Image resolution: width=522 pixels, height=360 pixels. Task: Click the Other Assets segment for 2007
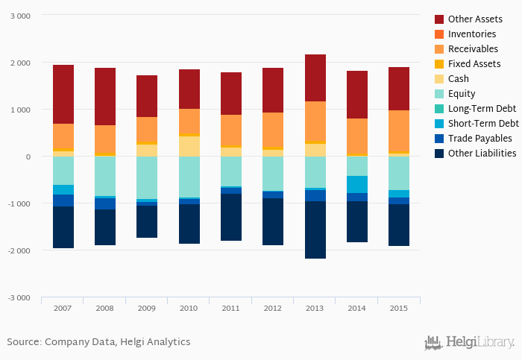pos(63,94)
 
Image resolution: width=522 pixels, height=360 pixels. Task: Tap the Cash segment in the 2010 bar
pos(189,146)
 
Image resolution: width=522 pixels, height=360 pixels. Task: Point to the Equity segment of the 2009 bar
pos(147,177)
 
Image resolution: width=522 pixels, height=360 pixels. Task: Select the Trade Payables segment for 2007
pos(63,200)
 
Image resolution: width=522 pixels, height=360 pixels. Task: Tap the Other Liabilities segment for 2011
pos(230,217)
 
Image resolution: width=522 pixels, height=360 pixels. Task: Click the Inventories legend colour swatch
pos(438,34)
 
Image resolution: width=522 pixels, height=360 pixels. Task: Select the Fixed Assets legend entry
pos(474,64)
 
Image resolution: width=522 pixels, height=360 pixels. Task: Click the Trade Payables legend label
pos(479,139)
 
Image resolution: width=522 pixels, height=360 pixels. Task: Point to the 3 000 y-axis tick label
pos(20,16)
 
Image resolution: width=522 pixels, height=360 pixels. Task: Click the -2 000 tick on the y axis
pos(18,250)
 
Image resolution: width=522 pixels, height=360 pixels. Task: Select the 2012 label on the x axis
pos(272,307)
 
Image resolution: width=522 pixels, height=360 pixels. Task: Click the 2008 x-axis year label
pos(104,307)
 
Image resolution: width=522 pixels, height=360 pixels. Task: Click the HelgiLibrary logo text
pos(479,342)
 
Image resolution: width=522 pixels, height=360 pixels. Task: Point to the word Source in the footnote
pos(23,342)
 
